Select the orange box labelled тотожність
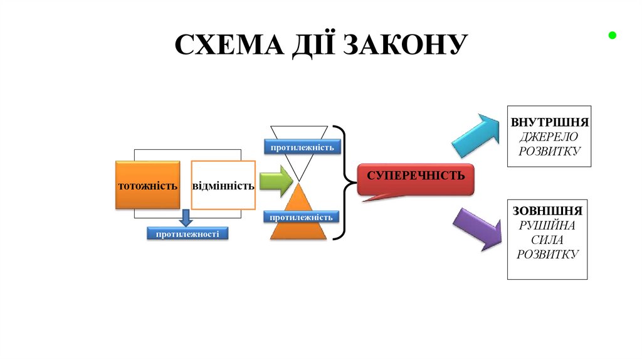pyautogui.click(x=147, y=185)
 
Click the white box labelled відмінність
pyautogui.click(x=223, y=186)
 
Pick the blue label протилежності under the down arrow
pyautogui.click(x=187, y=233)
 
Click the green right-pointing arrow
pyautogui.click(x=276, y=182)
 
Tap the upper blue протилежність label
pyautogui.click(x=302, y=147)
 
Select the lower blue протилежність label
pyautogui.click(x=302, y=217)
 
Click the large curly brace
pyautogui.click(x=344, y=183)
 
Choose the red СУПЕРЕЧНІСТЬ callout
pyautogui.click(x=416, y=179)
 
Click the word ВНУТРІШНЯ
pyautogui.click(x=549, y=122)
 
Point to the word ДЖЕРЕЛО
pyautogui.click(x=549, y=136)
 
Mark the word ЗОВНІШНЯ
pyautogui.click(x=547, y=211)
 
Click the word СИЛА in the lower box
pyautogui.click(x=547, y=240)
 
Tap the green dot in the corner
pyautogui.click(x=612, y=36)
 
